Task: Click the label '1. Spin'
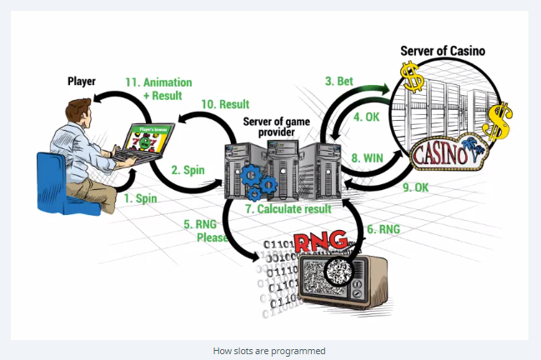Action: point(141,200)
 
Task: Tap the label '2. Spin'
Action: point(188,169)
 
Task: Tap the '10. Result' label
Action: point(224,103)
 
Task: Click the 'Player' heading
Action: point(82,82)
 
